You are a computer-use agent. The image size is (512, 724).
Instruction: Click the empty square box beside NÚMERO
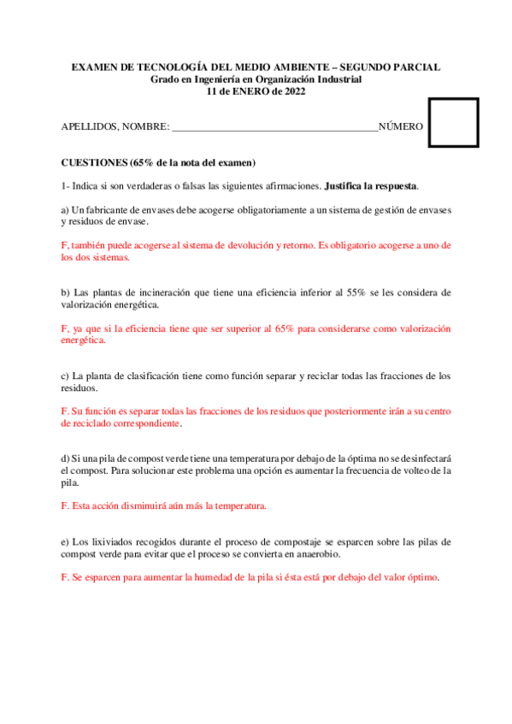(x=453, y=123)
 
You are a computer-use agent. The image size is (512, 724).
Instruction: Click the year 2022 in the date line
(x=293, y=92)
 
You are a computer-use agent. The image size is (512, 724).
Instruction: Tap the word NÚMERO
(x=400, y=126)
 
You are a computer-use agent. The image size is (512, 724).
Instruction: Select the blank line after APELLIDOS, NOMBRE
(x=274, y=127)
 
